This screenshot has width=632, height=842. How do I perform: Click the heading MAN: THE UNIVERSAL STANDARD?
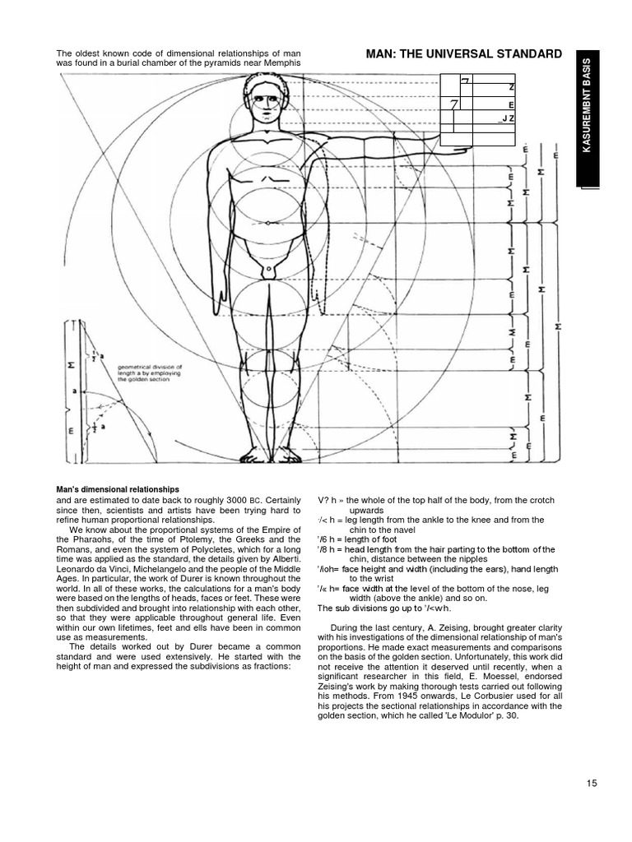458,55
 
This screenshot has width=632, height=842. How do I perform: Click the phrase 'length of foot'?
371,539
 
